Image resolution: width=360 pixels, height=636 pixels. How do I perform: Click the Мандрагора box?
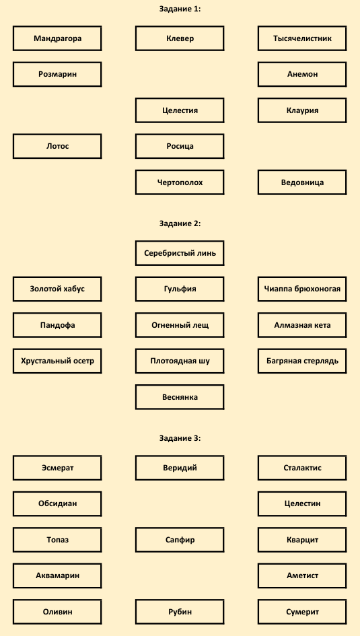57,38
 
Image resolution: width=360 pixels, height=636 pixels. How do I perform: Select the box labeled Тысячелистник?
302,38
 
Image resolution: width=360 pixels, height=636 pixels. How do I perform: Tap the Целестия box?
180,110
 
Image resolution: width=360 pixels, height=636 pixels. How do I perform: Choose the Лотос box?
57,146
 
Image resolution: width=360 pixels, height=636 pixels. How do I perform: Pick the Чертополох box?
180,182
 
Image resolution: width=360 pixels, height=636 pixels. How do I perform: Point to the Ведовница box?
302,182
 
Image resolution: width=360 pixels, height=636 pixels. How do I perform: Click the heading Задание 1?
180,9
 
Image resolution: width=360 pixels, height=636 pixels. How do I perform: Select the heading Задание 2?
180,223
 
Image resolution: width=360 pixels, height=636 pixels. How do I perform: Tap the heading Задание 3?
180,438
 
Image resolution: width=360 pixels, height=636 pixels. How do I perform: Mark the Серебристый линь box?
180,253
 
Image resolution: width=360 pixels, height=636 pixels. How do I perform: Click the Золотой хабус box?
57,289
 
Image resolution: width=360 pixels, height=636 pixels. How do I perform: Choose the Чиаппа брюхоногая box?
302,289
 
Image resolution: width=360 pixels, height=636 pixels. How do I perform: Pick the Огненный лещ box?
180,325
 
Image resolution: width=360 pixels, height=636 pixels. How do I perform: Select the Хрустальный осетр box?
57,361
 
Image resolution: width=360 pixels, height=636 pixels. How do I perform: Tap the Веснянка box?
180,396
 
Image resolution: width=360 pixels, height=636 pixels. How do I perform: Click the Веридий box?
180,468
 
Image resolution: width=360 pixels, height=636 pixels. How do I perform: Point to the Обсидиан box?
57,504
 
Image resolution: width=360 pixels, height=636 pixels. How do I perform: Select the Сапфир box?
180,540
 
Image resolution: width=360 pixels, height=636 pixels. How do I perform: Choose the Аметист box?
302,575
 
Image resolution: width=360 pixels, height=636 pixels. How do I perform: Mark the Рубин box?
180,611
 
